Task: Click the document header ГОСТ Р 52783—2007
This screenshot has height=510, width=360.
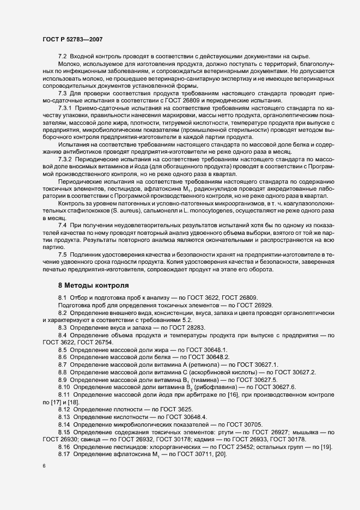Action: point(72,39)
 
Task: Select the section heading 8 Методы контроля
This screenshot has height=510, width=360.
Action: point(94,285)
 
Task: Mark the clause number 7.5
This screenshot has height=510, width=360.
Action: point(62,254)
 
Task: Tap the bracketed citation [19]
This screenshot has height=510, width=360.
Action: point(327,447)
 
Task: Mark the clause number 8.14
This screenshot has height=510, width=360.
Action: point(64,424)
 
